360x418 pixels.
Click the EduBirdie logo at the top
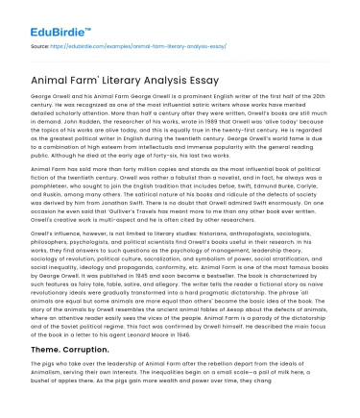[42, 16]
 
